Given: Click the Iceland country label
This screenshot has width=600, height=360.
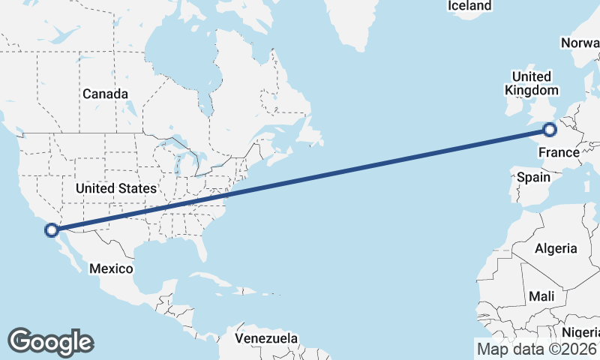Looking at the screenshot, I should click(469, 6).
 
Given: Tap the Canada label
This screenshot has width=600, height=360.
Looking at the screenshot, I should click(105, 94).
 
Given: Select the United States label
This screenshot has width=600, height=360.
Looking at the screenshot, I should click(116, 188).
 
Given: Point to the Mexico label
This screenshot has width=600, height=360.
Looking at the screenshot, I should click(111, 268).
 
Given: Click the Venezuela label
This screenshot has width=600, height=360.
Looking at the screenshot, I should click(266, 338).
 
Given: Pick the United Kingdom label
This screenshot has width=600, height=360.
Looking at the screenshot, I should click(531, 83).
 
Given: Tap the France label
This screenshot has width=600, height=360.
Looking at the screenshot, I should click(559, 153).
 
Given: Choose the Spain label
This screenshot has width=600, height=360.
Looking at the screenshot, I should click(533, 178).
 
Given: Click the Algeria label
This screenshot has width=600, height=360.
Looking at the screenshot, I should click(556, 248).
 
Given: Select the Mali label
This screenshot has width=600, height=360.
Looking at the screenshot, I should click(541, 297).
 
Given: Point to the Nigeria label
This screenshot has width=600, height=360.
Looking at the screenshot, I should click(581, 332).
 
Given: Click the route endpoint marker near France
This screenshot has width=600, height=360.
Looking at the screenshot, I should click(550, 130).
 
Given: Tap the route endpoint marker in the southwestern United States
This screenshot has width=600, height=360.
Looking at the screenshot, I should click(51, 229).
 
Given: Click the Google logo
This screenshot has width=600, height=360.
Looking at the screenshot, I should click(50, 342).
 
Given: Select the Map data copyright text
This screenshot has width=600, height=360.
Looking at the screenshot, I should click(535, 349).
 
